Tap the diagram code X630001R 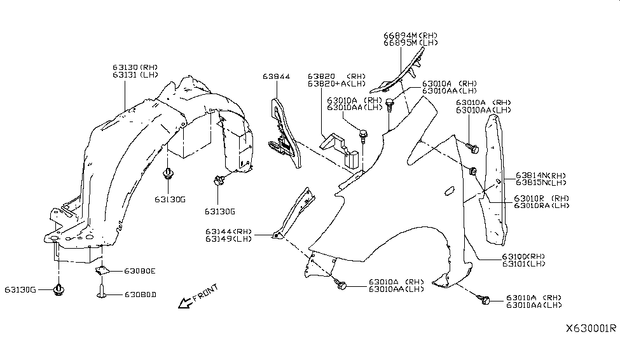click(591, 329)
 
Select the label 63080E click(140, 271)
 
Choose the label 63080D click(140, 294)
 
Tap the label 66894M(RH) click(410, 35)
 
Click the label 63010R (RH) click(541, 198)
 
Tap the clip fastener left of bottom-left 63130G click(59, 290)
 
